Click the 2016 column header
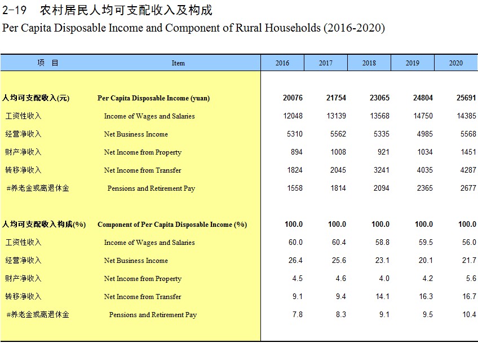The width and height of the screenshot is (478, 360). point(282,63)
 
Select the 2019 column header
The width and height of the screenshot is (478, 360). point(413,63)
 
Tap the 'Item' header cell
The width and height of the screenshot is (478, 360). point(178,63)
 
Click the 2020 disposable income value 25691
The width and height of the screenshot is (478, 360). point(466,98)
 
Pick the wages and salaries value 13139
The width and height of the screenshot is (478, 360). point(337,116)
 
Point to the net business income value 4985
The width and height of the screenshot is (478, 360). point(424,134)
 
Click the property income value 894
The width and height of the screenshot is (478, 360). point(296,152)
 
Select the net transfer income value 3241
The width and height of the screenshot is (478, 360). point(382,170)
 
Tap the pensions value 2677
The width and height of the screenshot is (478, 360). point(468,188)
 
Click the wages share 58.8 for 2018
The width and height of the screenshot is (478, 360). point(382,242)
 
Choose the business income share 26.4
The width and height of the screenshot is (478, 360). point(295,260)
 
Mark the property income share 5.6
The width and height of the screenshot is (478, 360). point(471,278)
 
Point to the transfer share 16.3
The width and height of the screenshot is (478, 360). point(426,296)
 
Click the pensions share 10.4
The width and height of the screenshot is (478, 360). point(469,314)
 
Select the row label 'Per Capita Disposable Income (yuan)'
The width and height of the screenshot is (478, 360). point(154,98)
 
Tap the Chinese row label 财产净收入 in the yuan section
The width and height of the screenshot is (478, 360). point(23,152)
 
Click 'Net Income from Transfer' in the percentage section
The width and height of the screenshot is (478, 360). point(143,296)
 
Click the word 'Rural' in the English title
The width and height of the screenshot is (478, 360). point(249,28)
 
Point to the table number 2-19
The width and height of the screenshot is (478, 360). point(14,10)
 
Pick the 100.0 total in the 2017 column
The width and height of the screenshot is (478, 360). point(337,224)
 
